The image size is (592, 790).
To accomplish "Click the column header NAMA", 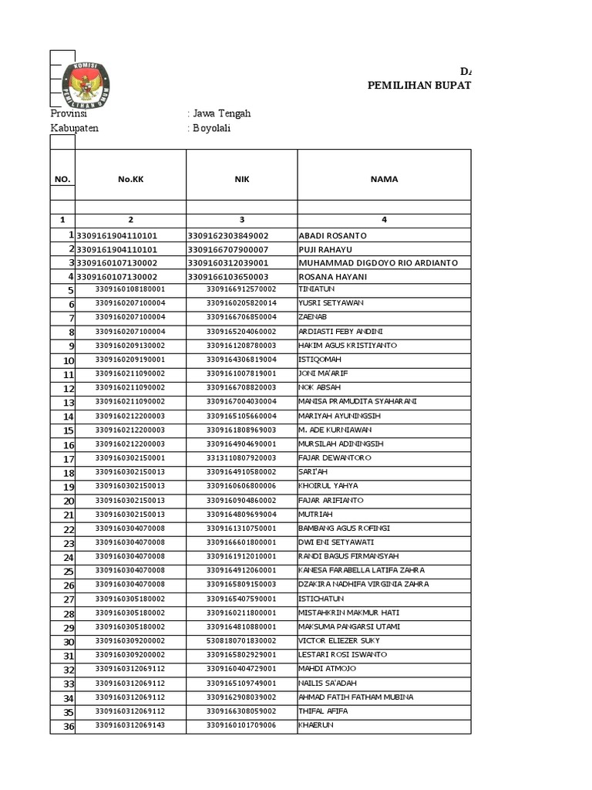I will (384, 179).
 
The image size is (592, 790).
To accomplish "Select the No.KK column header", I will (130, 179).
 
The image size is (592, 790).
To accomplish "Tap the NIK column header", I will (241, 179).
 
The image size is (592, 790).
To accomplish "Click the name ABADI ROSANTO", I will (332, 235).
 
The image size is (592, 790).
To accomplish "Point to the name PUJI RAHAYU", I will (326, 249).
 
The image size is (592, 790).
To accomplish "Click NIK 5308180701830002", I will (241, 641).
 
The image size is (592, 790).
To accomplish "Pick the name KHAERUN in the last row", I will (316, 725).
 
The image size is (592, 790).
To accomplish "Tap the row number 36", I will (69, 726).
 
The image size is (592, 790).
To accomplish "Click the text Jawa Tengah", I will (221, 113).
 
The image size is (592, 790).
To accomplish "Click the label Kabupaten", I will (75, 128).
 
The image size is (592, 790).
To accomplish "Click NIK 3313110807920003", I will (241, 457).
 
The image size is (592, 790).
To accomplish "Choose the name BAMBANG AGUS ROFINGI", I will (344, 528).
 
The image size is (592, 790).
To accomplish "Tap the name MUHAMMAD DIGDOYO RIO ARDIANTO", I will (378, 263).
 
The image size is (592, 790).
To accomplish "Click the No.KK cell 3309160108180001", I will (130, 289).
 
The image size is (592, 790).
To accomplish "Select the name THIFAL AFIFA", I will (323, 711).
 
